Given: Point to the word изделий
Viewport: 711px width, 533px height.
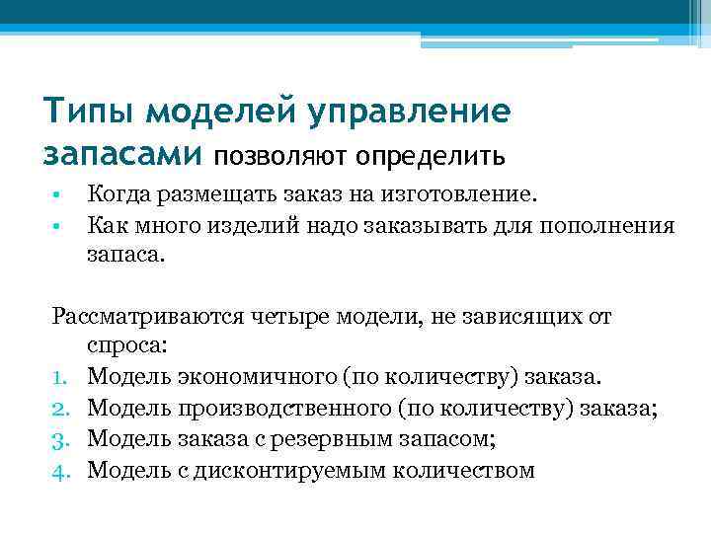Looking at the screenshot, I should pos(248,226).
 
